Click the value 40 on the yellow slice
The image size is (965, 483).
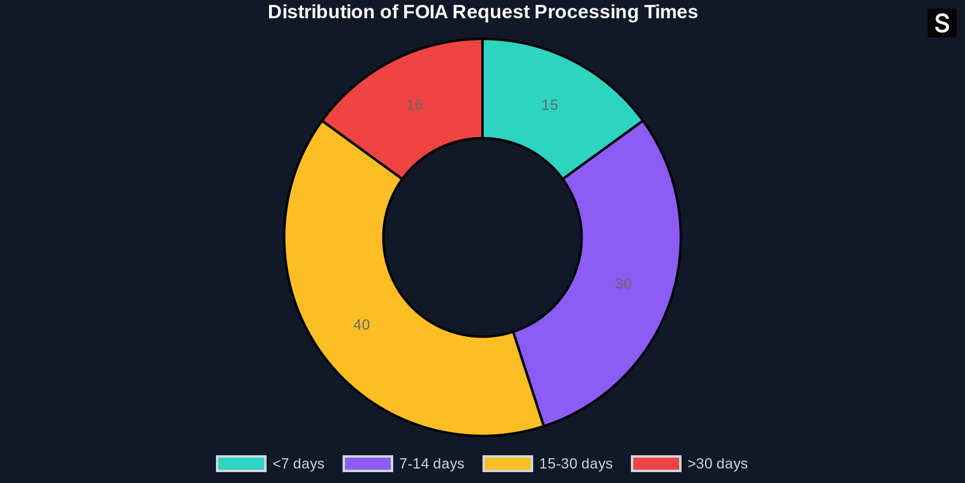[361, 325]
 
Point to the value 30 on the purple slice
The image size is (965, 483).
[623, 284]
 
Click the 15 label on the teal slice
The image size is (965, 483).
[549, 105]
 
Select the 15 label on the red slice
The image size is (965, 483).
[414, 105]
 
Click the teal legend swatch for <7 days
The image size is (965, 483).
[241, 464]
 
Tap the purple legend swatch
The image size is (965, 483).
[368, 464]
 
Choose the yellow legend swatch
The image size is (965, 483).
[508, 464]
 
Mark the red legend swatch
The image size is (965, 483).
[656, 464]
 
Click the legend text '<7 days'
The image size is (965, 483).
[298, 464]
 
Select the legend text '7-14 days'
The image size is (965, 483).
[431, 464]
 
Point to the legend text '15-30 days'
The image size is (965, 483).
[575, 464]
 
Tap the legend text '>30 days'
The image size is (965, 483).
[717, 464]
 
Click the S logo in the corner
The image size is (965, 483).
[941, 24]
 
